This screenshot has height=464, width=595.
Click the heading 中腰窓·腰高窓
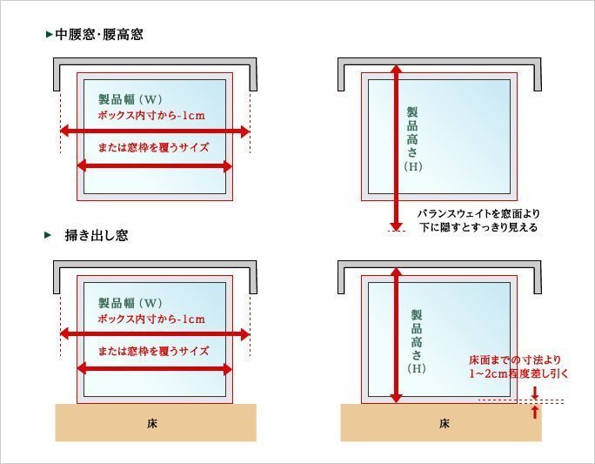(99, 35)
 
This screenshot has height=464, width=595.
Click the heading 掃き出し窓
(97, 235)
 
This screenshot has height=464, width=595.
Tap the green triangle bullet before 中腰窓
(49, 35)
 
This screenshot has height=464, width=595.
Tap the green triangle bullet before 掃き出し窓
(48, 235)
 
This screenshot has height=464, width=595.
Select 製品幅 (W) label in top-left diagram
(130, 99)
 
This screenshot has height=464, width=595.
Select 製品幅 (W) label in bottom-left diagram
(130, 303)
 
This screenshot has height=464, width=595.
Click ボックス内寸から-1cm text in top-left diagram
(151, 115)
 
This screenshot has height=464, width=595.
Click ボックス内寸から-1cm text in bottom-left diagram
(151, 319)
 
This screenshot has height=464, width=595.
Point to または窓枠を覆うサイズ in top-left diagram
(153, 147)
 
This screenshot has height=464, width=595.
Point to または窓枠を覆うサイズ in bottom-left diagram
(153, 351)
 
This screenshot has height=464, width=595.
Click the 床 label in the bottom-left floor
(151, 423)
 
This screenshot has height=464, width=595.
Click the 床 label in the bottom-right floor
(444, 423)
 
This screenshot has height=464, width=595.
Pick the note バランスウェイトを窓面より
(478, 213)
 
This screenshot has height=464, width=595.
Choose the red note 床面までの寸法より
(515, 360)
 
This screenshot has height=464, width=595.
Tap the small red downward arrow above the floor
(535, 393)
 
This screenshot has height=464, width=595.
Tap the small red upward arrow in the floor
(535, 412)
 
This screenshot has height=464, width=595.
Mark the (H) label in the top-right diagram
(413, 166)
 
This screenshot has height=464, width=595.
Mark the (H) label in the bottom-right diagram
(417, 368)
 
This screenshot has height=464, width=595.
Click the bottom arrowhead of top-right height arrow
(396, 226)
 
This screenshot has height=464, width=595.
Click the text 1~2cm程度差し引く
(518, 373)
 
